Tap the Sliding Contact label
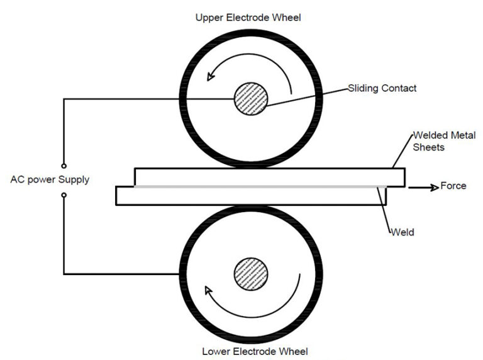[382, 88]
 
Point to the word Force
[453, 186]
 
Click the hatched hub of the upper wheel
[251, 101]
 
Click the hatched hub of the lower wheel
[251, 276]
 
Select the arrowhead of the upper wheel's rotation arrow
[211, 76]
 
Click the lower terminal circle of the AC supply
[64, 195]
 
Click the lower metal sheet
[252, 196]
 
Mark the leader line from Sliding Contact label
[308, 95]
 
